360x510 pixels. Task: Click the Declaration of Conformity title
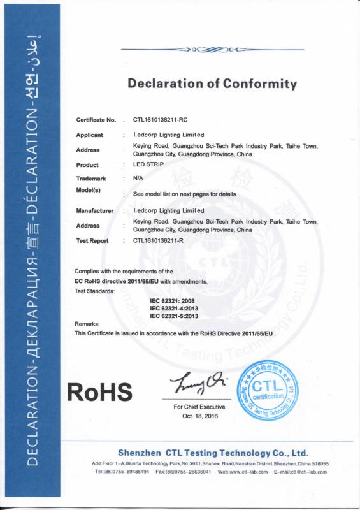212,84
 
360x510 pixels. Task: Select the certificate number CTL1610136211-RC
160,120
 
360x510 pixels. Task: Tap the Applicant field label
90,135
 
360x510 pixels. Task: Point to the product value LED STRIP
148,164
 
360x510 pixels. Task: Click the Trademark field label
90,179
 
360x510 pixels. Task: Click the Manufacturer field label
95,210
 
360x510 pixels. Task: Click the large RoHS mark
100,390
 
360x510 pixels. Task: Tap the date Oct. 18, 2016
199,415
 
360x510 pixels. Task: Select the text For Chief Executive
199,407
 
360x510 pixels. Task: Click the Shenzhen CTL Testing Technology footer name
213,452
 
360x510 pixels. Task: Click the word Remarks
87,324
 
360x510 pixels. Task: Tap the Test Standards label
94,291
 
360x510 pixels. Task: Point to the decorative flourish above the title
213,49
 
